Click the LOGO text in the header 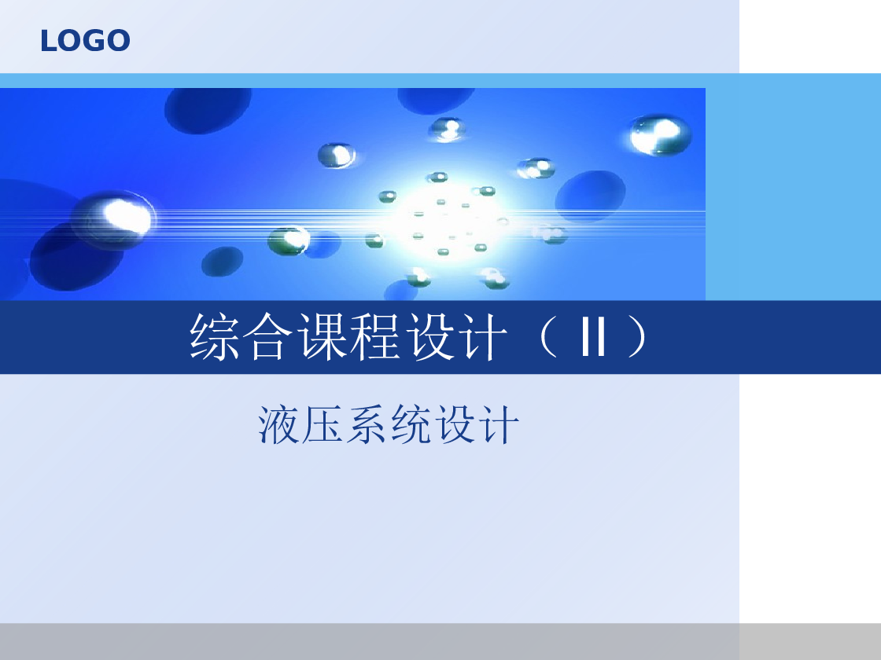pyautogui.click(x=85, y=41)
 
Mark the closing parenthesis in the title pyautogui.click(x=637, y=338)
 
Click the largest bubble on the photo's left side pyautogui.click(x=113, y=217)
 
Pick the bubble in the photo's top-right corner pyautogui.click(x=659, y=134)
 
